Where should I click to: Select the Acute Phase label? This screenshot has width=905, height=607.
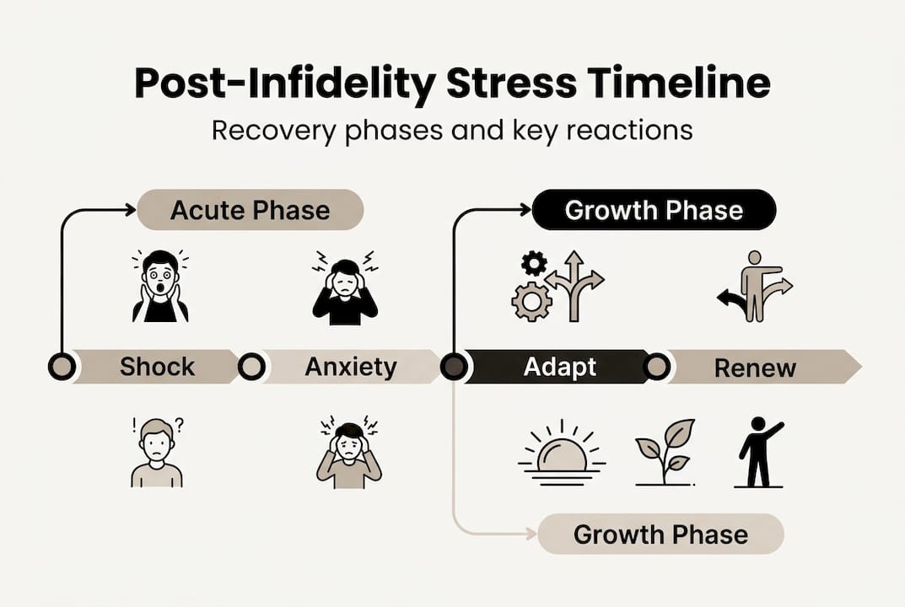(x=250, y=210)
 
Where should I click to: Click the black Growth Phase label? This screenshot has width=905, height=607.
(x=654, y=210)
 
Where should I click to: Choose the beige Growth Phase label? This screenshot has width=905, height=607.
(x=660, y=534)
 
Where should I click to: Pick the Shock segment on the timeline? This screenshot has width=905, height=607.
(x=157, y=367)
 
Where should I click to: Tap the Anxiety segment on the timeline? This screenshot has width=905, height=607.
(x=350, y=367)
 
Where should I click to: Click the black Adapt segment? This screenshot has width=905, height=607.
(x=559, y=367)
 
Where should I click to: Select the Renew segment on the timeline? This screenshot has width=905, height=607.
(x=755, y=367)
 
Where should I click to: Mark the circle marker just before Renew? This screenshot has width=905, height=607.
(x=657, y=367)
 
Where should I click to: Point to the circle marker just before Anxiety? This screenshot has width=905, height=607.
(x=251, y=367)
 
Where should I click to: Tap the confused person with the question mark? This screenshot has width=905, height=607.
(x=157, y=453)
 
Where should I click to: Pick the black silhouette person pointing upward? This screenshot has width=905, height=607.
(x=758, y=452)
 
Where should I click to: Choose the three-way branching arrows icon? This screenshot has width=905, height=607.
(x=574, y=285)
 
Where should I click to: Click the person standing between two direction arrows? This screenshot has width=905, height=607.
(x=755, y=286)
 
